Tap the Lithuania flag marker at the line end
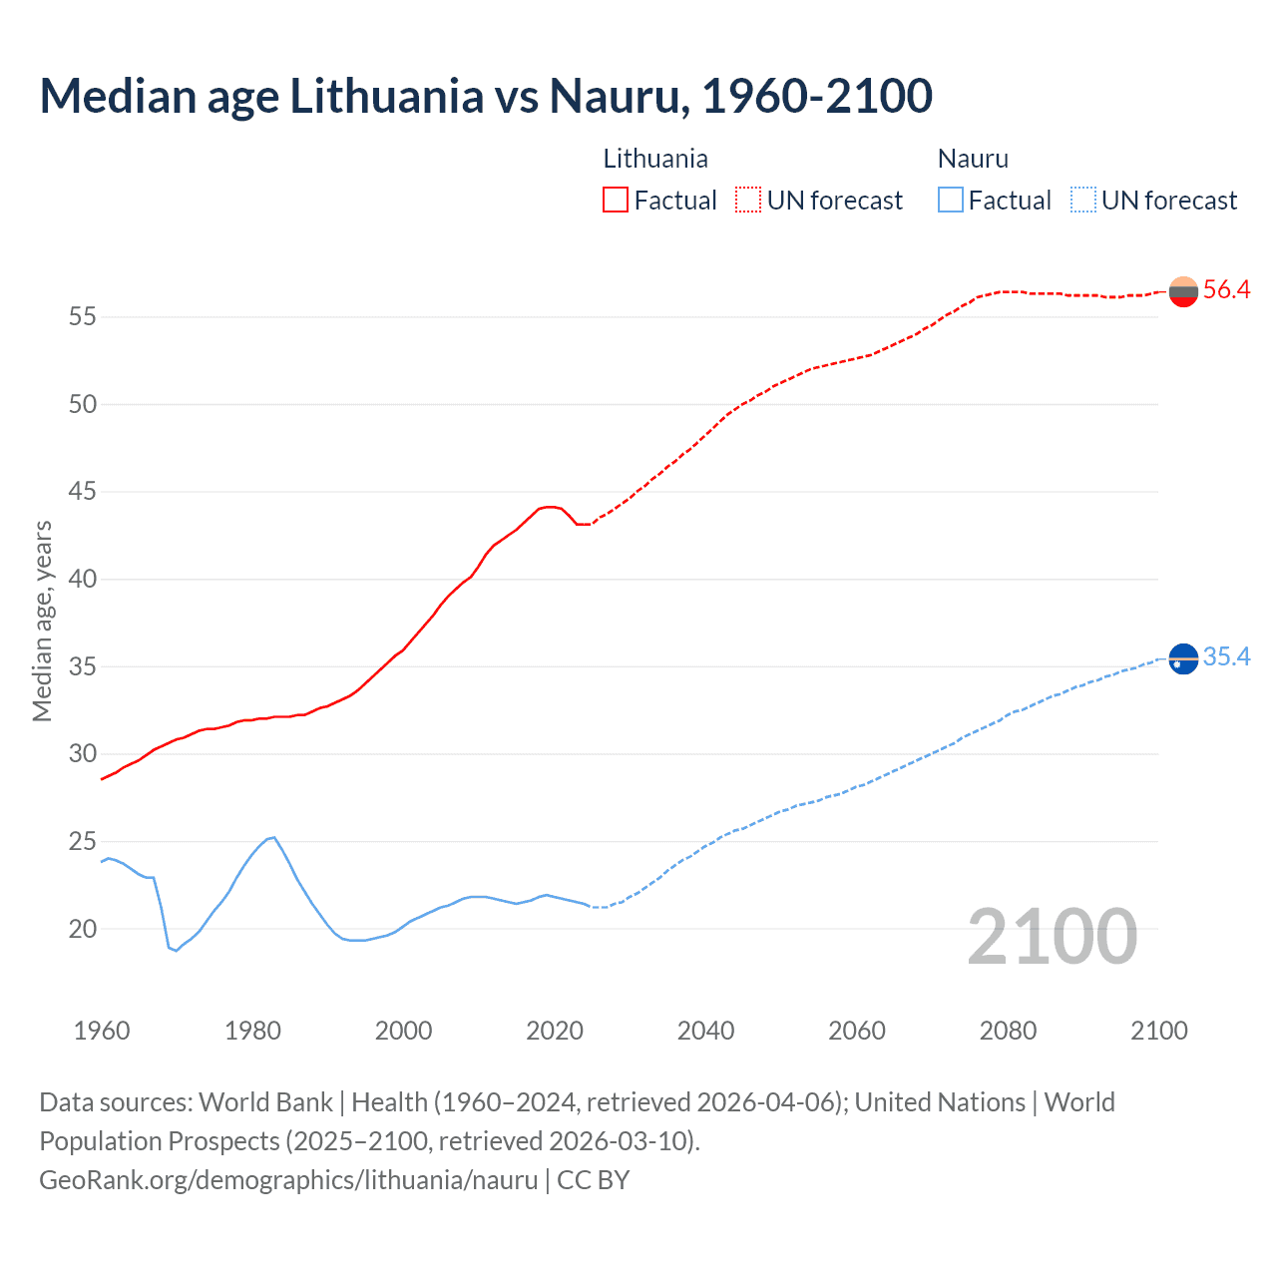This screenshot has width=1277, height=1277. click(1182, 291)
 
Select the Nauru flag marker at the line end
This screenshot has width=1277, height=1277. click(1182, 658)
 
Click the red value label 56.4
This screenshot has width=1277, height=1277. click(1226, 290)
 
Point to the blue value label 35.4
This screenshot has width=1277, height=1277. click(1226, 657)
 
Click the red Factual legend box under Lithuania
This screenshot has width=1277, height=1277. click(616, 201)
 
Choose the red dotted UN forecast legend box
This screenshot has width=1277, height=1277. click(748, 201)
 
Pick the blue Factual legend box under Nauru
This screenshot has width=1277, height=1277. click(951, 201)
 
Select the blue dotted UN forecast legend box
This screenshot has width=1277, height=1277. click(1082, 201)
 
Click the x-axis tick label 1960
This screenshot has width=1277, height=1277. click(102, 1031)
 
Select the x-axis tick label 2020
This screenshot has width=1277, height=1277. click(555, 1031)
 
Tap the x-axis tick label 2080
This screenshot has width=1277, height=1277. click(1008, 1031)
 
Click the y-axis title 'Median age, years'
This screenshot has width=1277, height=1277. click(42, 621)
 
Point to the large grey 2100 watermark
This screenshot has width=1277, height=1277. click(1052, 937)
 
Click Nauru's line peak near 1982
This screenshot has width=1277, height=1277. click(272, 838)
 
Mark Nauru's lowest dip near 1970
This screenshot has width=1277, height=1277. click(176, 950)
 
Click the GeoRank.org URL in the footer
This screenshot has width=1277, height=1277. click(288, 1180)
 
